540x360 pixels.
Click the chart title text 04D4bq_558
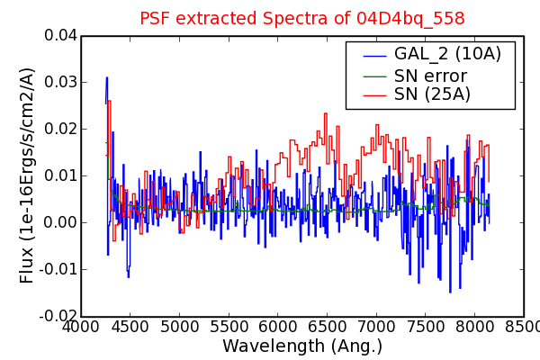(x=410, y=19)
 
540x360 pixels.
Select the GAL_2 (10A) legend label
(x=447, y=54)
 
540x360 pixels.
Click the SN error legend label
(x=430, y=76)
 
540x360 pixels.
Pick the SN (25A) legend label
(x=432, y=94)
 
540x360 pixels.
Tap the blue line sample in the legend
(x=375, y=56)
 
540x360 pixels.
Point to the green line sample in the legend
(x=375, y=76)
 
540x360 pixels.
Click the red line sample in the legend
(x=375, y=94)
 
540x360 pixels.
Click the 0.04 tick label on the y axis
(x=60, y=35)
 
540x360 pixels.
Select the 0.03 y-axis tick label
(x=60, y=82)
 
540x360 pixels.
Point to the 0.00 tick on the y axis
(x=60, y=222)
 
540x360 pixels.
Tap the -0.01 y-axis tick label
(x=58, y=269)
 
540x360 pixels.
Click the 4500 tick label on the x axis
(x=130, y=326)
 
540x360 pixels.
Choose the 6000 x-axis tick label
(x=277, y=326)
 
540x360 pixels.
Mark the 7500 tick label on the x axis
(x=425, y=326)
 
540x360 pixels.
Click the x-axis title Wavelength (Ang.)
(x=302, y=346)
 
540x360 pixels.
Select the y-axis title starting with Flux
(x=27, y=175)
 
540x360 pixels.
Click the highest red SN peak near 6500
(x=326, y=113)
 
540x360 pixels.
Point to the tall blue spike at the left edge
(x=107, y=78)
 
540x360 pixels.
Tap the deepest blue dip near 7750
(x=450, y=292)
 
